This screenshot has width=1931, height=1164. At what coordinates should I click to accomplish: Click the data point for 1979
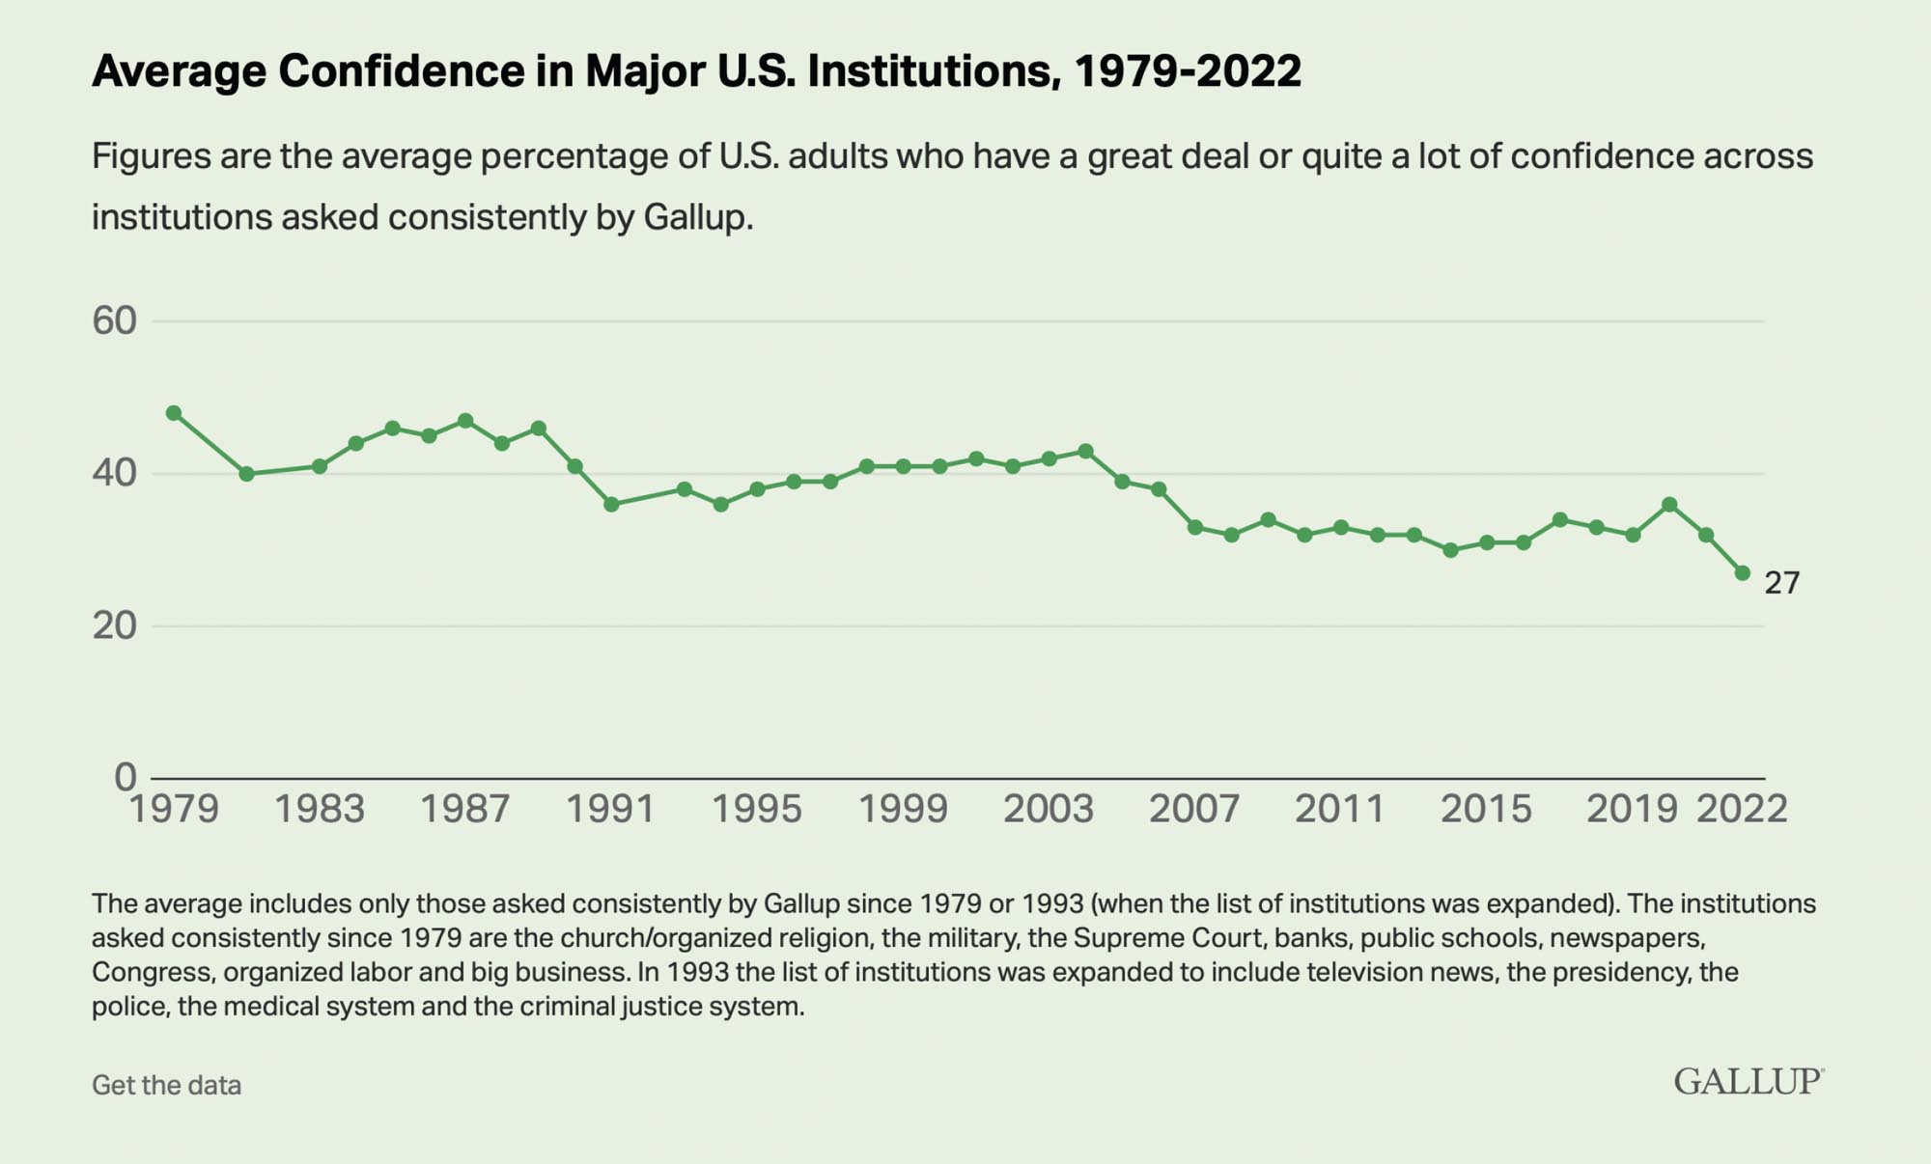tap(174, 413)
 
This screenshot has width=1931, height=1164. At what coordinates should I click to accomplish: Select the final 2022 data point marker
tap(1742, 573)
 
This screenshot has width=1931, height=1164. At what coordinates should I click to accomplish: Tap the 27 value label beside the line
tap(1781, 583)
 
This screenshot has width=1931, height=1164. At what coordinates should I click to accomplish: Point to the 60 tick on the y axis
tap(114, 321)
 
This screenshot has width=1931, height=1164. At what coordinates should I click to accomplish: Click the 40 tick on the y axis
tap(114, 474)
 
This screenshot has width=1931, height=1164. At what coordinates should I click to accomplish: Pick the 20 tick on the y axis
tap(114, 626)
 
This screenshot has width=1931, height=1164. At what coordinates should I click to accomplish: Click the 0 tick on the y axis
tap(125, 777)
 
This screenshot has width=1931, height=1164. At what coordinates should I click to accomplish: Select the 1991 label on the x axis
tap(610, 809)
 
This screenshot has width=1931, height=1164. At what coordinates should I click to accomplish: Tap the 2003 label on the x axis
tap(1048, 809)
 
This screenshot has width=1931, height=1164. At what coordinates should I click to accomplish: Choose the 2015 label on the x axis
tap(1486, 809)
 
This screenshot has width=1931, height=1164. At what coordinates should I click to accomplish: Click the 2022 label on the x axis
tap(1742, 809)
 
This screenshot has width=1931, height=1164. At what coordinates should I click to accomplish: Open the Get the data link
tap(166, 1085)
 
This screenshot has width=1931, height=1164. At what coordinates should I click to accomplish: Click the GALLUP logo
tap(1748, 1081)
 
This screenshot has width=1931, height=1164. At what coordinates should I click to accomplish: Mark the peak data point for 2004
tap(1085, 451)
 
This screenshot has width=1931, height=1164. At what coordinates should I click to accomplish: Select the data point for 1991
tap(611, 504)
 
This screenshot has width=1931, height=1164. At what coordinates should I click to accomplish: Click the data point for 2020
tap(1669, 504)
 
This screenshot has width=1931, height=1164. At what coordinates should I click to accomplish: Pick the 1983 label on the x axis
tap(320, 809)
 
